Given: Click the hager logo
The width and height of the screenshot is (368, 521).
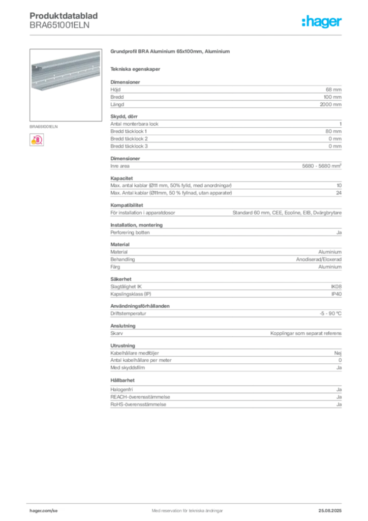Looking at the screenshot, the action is click(321, 21).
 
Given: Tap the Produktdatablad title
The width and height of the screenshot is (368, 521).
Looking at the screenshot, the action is click(64, 16).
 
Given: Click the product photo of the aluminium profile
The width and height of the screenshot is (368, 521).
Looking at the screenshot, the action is click(66, 85).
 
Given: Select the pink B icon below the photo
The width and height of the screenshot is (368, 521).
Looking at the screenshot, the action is click(37, 140).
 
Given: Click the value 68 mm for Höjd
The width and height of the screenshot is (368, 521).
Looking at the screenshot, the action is click(333, 90).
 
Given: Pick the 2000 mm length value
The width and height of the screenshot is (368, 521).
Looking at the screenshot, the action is click(330, 104).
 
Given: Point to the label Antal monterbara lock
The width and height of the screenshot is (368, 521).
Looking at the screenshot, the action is click(134, 124).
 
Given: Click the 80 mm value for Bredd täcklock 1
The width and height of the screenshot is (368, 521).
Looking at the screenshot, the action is click(333, 131).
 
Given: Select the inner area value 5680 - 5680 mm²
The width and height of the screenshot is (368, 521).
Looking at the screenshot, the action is click(322, 166).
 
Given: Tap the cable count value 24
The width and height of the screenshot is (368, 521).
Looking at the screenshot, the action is click(339, 193).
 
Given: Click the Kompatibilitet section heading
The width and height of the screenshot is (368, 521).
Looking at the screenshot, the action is click(127, 206).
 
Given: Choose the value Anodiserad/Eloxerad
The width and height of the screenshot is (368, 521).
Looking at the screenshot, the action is click(319, 259).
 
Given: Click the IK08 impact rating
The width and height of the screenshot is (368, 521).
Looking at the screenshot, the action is click(336, 286).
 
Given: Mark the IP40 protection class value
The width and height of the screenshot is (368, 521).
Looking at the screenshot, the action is click(336, 294).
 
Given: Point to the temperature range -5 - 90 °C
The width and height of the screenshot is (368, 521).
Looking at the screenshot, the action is click(330, 313).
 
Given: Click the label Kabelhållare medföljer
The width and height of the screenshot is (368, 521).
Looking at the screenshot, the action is click(135, 353).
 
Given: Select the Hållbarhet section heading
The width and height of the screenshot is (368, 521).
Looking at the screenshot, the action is click(122, 380).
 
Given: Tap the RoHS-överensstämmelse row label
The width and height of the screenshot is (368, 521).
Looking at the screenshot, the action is click(138, 404).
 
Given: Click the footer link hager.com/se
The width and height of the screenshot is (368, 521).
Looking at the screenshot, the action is click(44, 511).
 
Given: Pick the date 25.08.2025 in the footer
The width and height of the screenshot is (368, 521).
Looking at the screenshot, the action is click(330, 511).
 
